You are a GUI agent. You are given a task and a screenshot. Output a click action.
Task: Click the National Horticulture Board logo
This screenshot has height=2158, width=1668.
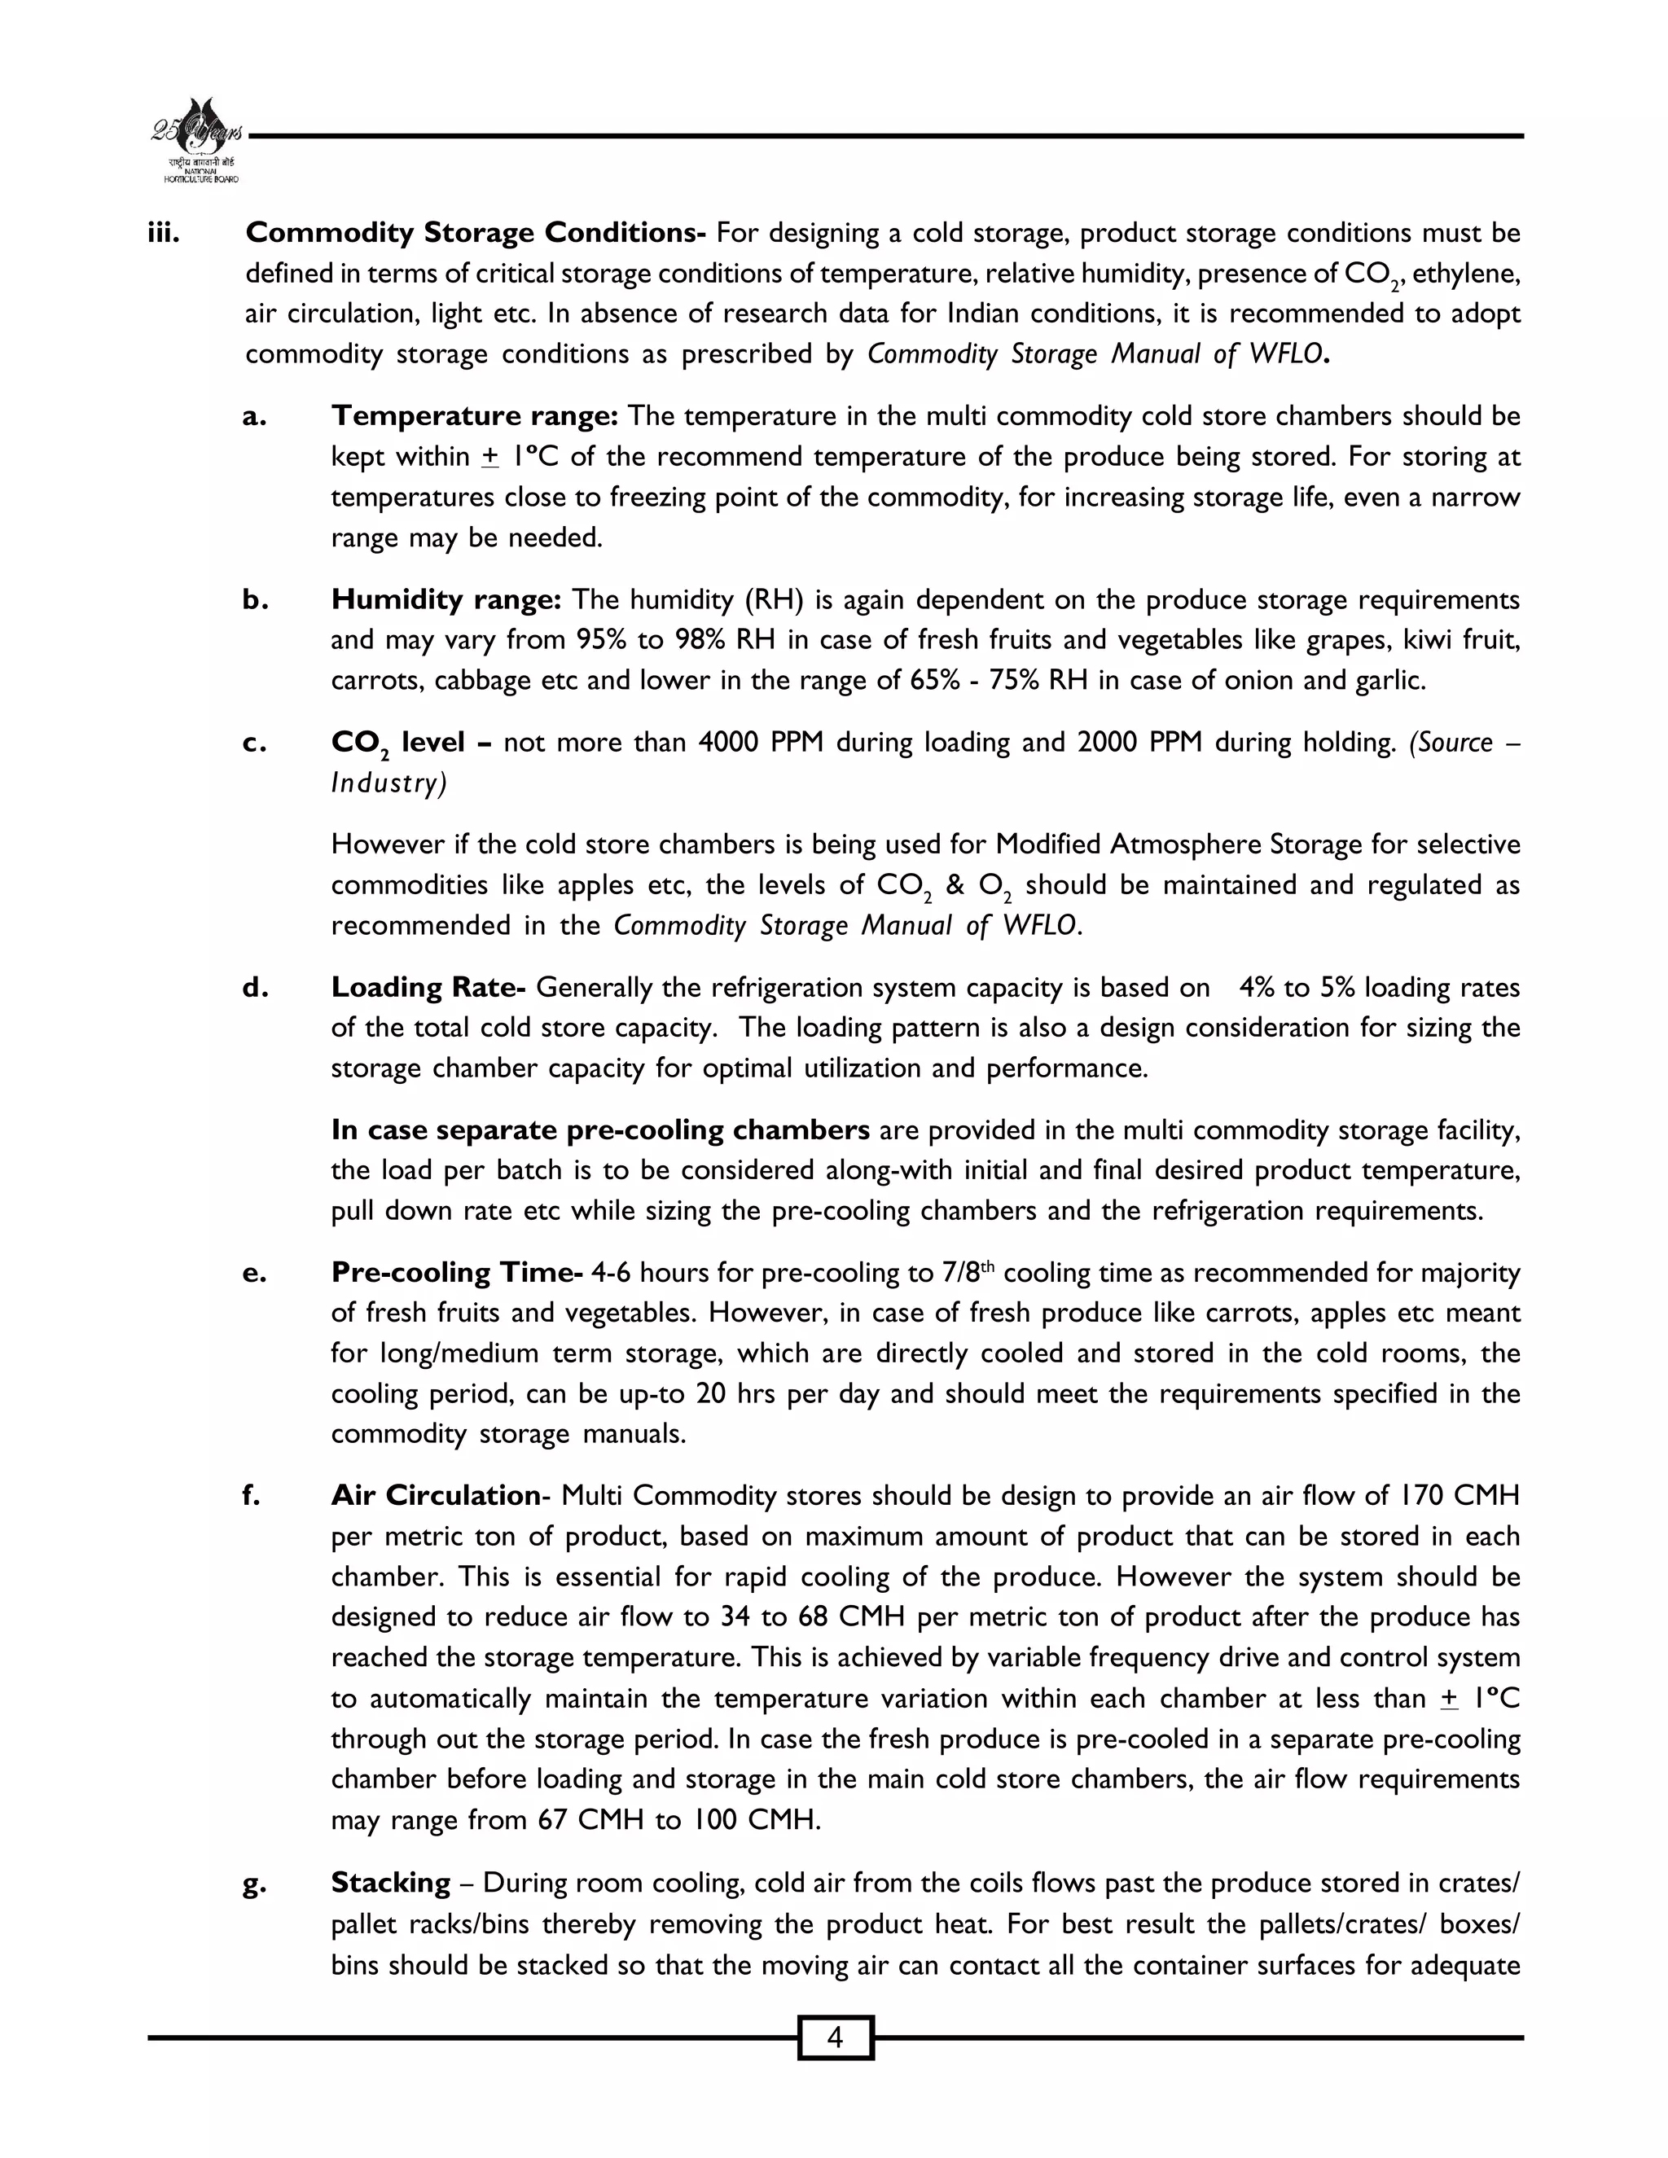coord(196,140)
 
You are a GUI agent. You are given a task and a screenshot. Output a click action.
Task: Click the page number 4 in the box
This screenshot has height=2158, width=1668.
coord(835,2037)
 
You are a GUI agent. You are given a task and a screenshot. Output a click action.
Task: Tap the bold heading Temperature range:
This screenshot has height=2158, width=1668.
coord(474,416)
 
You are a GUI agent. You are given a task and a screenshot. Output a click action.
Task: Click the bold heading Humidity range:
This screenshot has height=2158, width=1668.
coord(446,600)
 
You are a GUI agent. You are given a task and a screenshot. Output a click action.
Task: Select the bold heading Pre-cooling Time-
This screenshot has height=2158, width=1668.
coord(457,1273)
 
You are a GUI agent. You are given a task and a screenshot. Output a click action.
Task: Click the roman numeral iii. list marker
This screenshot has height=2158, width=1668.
coord(163,233)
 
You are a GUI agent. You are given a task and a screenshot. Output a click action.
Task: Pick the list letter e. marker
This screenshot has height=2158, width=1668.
coord(254,1274)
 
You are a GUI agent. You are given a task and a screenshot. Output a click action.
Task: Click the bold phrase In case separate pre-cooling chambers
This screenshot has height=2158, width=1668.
coord(599,1129)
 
